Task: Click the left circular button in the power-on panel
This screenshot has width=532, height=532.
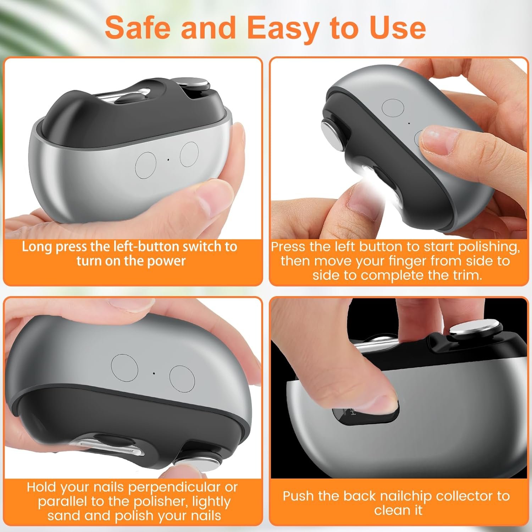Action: pos(146,165)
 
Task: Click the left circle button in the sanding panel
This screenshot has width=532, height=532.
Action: pos(124,367)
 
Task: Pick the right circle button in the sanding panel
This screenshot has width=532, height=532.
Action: pos(182,377)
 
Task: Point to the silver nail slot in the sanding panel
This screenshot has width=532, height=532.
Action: pos(108,447)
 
